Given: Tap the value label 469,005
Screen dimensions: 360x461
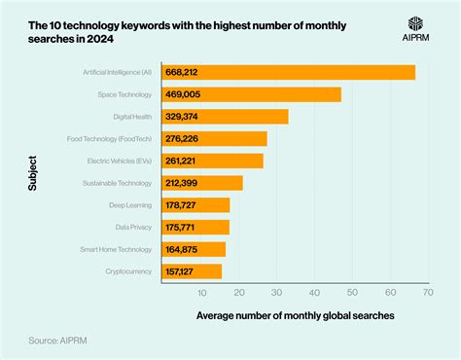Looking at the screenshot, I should [184, 94].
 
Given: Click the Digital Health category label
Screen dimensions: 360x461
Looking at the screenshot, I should [133, 117].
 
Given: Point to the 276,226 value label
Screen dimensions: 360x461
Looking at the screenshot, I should [184, 139].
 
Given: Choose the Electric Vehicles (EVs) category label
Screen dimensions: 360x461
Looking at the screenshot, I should [121, 161].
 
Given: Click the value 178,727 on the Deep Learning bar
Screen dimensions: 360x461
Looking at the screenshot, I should [184, 205].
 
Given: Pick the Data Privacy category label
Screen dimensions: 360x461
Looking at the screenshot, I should [135, 227].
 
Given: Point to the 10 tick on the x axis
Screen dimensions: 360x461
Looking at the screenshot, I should [201, 291].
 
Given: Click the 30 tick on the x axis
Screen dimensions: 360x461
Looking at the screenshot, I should [277, 291].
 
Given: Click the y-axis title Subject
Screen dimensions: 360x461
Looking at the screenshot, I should [34, 172].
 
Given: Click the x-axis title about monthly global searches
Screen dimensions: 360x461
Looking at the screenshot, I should [295, 315].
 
